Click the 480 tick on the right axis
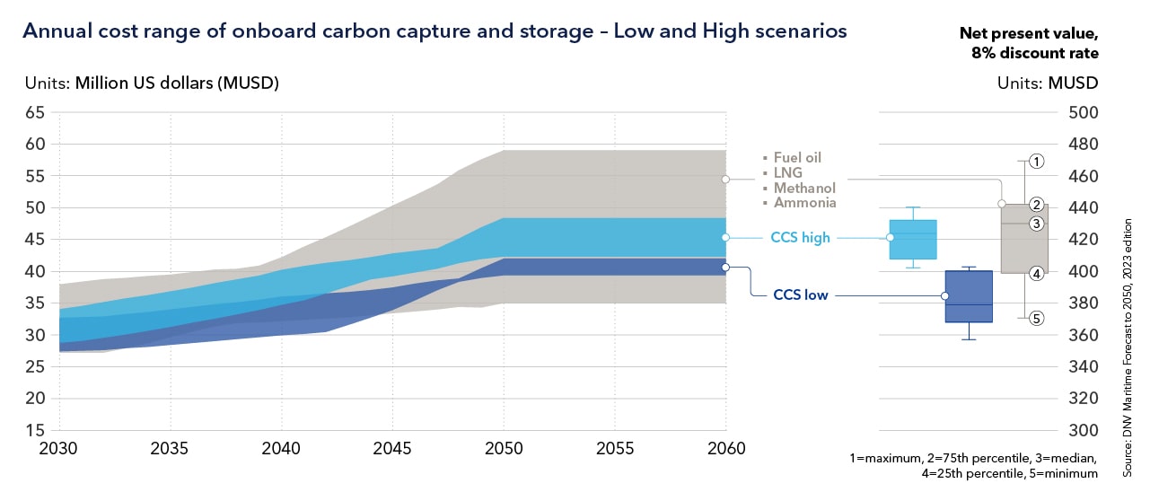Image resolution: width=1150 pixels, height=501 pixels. coord(1083,145)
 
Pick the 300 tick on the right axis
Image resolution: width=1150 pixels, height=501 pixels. coord(1083,430)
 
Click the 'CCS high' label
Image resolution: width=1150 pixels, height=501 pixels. coord(801,238)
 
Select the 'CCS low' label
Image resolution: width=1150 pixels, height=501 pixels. coord(801,294)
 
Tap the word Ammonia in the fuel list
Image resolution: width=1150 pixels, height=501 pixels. coord(805,203)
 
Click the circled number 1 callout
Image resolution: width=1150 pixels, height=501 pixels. coord(1036,162)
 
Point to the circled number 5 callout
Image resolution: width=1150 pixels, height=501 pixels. coord(1036,318)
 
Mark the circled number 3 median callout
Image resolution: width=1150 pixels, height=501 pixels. coord(1036,224)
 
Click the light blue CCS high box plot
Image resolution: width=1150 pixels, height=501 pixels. coord(913,239)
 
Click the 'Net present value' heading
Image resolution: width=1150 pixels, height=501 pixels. coord(1029,34)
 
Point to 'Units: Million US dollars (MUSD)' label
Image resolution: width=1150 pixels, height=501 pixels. coord(152,83)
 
